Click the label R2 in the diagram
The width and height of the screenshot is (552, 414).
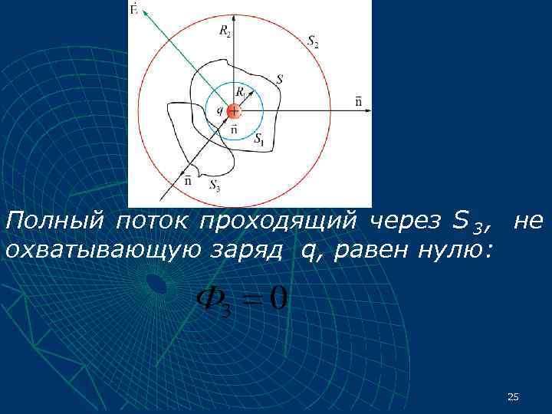pyautogui.click(x=225, y=31)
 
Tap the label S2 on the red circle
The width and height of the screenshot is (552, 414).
pyautogui.click(x=313, y=43)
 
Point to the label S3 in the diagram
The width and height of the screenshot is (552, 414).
pyautogui.click(x=215, y=185)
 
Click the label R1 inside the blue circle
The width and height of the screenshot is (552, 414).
pyautogui.click(x=241, y=92)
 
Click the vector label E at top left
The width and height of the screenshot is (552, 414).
pyautogui.click(x=134, y=9)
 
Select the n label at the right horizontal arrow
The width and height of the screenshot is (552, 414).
pyautogui.click(x=359, y=100)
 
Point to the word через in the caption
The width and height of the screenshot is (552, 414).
pyautogui.click(x=405, y=222)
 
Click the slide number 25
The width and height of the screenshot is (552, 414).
pyautogui.click(x=514, y=396)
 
